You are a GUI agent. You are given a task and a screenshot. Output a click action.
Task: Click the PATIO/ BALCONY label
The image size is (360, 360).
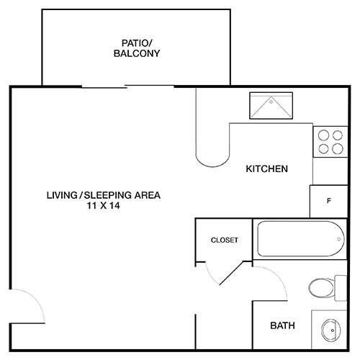pos(136,48)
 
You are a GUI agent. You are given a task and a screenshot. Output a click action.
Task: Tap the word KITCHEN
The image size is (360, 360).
pos(267,169)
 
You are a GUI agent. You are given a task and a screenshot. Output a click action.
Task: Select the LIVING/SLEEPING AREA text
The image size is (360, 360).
pos(103,194)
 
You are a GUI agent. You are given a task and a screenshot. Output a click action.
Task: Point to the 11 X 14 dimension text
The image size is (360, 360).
pos(102,205)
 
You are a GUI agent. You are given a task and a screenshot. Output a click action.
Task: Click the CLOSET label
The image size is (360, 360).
pos(224,240)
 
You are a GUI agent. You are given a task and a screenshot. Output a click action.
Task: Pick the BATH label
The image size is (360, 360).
pos(282,325)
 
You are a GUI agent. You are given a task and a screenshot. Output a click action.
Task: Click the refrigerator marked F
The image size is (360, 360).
pos(328,201)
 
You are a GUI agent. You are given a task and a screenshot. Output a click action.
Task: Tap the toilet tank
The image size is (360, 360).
pos(341,287)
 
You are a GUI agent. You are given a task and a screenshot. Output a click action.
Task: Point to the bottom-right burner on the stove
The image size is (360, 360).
pos(337,149)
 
